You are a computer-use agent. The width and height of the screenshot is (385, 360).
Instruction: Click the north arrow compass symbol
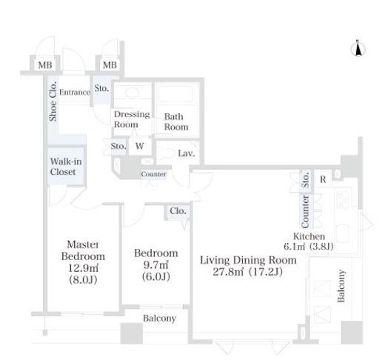pyautogui.click(x=358, y=48)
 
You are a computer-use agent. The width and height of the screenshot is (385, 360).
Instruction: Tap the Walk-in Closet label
pyautogui.click(x=66, y=167)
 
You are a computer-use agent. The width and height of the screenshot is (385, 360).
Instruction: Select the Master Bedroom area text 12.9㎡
pyautogui.click(x=83, y=267)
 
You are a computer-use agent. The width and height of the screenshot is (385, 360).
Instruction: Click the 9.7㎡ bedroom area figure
pyautogui.click(x=155, y=264)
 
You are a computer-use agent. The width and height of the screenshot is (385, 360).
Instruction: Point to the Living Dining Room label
pyautogui.click(x=248, y=260)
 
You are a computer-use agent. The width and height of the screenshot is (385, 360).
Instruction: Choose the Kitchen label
pyautogui.click(x=309, y=236)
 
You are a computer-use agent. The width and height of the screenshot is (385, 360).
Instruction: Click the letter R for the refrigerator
pyautogui.click(x=323, y=179)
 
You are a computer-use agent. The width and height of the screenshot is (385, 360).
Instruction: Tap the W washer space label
pyautogui.click(x=139, y=146)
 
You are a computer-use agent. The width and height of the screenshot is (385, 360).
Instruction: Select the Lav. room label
pyautogui.click(x=187, y=153)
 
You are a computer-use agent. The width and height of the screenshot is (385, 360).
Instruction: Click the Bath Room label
pyautogui.click(x=176, y=121)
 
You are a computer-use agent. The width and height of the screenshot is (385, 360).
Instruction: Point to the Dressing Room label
pyautogui.click(x=132, y=119)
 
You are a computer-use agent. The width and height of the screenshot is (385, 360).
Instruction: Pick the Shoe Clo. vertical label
pyautogui.click(x=53, y=101)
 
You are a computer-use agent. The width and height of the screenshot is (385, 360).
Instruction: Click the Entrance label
pyautogui.click(x=75, y=92)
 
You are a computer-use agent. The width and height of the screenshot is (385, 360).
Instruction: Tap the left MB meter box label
pyautogui.click(x=45, y=65)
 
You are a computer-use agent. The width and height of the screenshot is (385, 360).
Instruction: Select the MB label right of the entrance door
pyautogui.click(x=110, y=65)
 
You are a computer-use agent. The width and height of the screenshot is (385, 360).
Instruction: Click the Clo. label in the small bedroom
pyautogui.click(x=178, y=211)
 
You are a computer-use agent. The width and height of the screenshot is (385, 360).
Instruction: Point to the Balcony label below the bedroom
pyautogui.click(x=159, y=319)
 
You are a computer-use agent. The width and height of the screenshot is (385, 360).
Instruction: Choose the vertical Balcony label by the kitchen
pyautogui.click(x=341, y=286)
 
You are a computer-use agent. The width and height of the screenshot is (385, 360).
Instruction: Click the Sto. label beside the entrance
pyautogui.click(x=101, y=88)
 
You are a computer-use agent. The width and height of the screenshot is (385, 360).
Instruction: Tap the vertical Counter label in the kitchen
pyautogui.click(x=305, y=212)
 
